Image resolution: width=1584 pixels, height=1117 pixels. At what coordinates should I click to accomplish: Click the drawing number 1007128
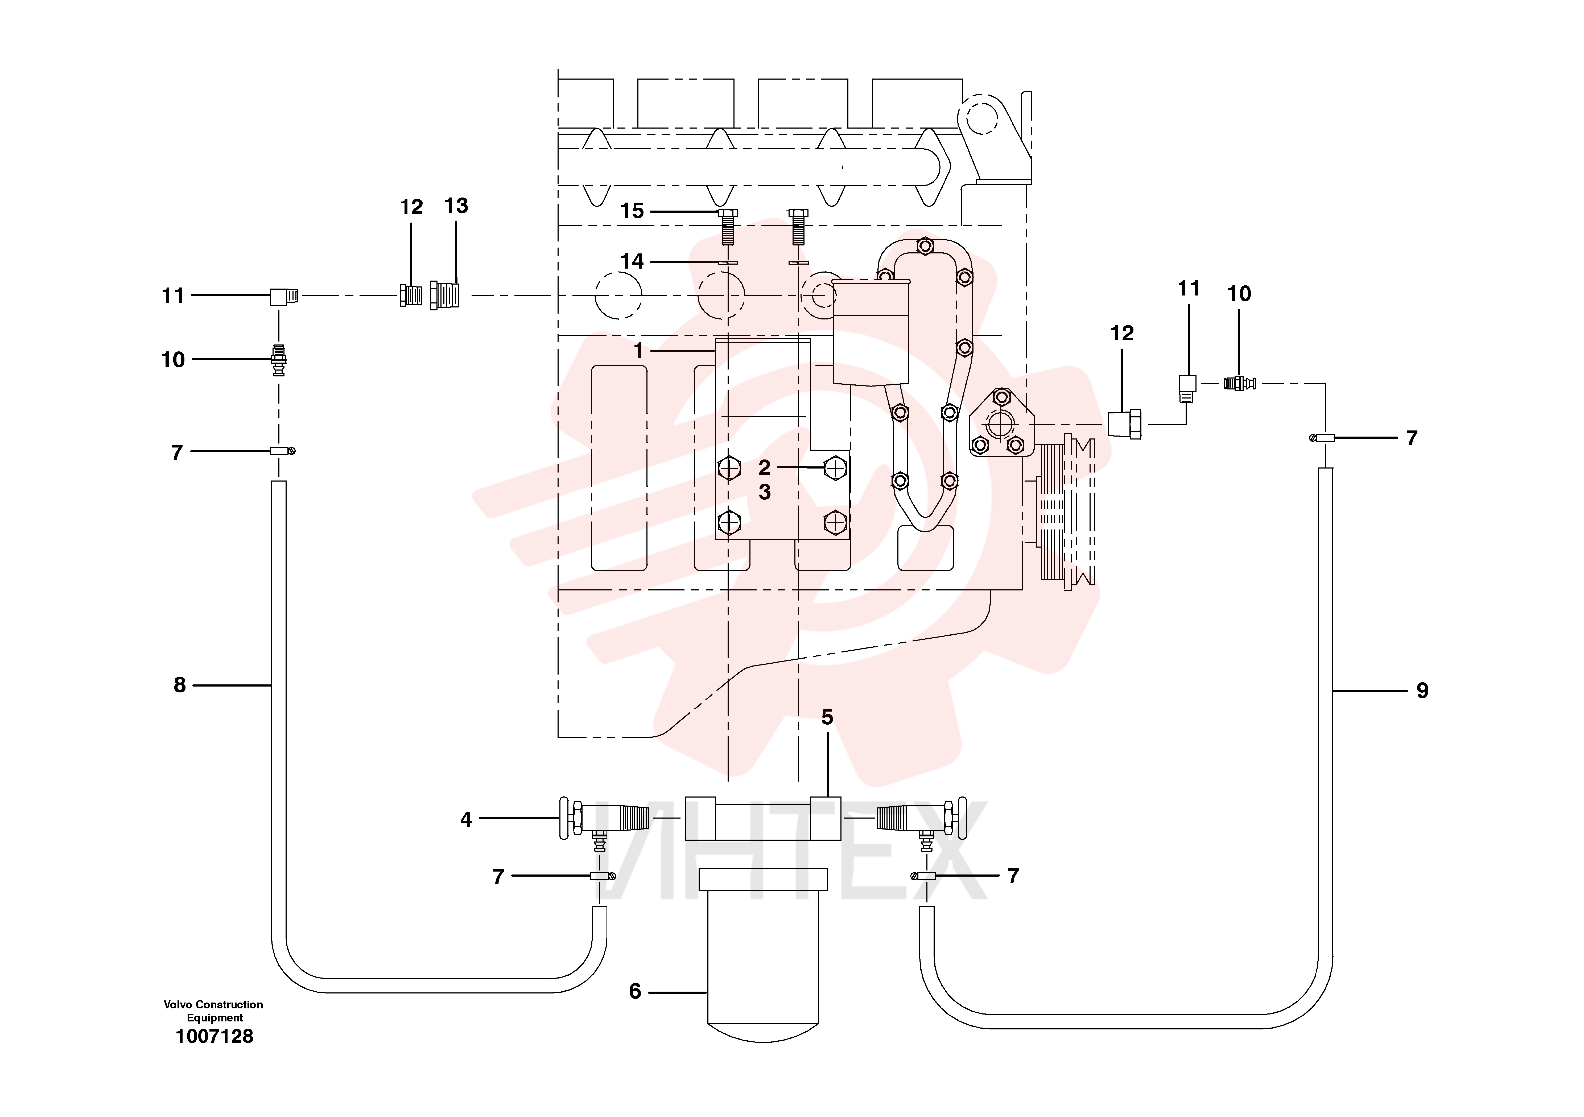pyautogui.click(x=214, y=1036)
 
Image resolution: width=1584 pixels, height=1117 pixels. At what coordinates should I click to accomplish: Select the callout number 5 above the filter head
pyautogui.click(x=827, y=717)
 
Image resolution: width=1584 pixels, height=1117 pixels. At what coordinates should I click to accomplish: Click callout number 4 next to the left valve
pyautogui.click(x=466, y=820)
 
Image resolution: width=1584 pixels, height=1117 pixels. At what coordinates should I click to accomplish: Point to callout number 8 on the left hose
pyautogui.click(x=179, y=685)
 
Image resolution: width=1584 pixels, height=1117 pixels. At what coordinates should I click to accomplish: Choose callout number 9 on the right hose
pyautogui.click(x=1422, y=691)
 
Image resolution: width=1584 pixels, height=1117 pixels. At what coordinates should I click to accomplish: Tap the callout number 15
pyautogui.click(x=632, y=211)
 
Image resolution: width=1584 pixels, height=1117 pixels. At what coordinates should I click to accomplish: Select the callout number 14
pyautogui.click(x=632, y=261)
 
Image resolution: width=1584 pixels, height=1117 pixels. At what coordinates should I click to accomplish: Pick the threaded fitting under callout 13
pyautogui.click(x=445, y=295)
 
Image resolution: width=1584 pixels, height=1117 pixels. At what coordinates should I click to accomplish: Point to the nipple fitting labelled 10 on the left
pyautogui.click(x=279, y=359)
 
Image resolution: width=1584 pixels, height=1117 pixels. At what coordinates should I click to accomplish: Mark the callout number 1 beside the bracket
pyautogui.click(x=639, y=351)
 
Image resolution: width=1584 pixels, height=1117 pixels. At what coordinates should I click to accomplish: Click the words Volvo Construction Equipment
pyautogui.click(x=214, y=1011)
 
